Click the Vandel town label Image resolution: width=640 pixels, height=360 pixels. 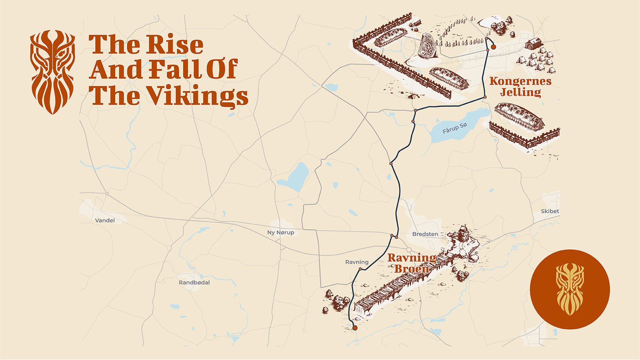click(105, 220)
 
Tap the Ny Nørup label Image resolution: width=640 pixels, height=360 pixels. click(281, 232)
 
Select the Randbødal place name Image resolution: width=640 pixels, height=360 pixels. click(194, 282)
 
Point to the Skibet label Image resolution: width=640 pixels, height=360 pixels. click(550, 211)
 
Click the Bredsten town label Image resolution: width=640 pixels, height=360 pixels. click(425, 234)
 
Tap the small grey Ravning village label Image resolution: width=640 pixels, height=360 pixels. click(357, 262)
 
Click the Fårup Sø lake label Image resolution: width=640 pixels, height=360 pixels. click(454, 128)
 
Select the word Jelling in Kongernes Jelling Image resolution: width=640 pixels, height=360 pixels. click(520, 92)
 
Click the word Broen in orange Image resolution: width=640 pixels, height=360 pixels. click(412, 269)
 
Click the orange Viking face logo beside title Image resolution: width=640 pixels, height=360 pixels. click(52, 72)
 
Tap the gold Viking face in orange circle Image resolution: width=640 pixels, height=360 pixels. click(570, 289)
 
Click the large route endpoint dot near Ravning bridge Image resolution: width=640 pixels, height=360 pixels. click(355, 328)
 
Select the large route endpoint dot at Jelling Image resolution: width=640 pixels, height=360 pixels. click(494, 47)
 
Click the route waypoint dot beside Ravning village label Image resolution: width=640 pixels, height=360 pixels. click(360, 269)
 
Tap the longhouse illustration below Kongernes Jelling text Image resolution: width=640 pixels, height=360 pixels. click(519, 116)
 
